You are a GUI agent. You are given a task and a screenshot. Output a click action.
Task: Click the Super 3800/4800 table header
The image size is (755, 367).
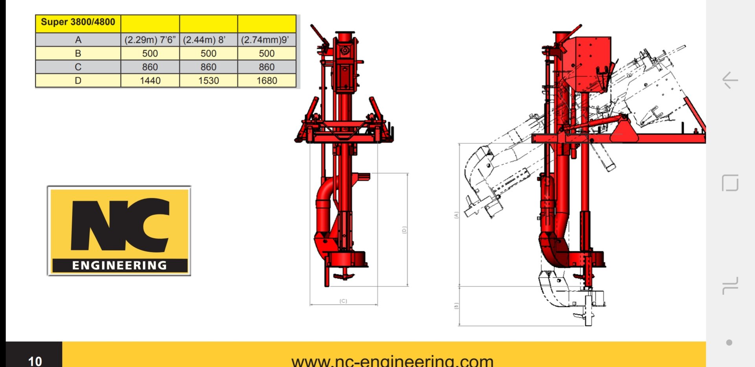78,22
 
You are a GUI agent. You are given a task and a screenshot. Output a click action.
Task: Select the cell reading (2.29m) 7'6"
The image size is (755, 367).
150,40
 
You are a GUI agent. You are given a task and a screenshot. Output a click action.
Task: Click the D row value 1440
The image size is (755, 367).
150,81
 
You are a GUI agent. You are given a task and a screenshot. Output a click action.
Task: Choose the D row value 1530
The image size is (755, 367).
208,81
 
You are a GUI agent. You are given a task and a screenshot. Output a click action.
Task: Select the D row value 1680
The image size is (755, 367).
267,81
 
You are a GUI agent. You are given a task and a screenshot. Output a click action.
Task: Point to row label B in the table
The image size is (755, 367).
78,53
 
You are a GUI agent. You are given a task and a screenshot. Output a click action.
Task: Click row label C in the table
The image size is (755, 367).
78,67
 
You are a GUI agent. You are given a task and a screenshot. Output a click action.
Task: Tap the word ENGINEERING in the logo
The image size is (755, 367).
120,266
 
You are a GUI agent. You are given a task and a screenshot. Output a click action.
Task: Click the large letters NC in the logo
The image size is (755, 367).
120,225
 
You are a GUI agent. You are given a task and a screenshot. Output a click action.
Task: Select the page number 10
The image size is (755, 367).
35,360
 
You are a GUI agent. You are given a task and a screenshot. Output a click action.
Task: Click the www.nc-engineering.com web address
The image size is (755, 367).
392,360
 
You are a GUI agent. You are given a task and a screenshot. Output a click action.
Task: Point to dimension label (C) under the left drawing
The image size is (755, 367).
343,301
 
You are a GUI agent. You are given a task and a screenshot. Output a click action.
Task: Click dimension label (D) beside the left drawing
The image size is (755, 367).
404,230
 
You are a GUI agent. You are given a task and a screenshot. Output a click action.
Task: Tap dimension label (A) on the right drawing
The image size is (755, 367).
456,215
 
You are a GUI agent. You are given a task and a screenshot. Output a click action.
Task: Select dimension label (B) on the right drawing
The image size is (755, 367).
456,306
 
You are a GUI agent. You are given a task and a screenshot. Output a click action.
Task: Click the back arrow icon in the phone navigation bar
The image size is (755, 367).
730,81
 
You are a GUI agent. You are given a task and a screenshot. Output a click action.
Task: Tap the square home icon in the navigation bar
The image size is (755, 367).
730,183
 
